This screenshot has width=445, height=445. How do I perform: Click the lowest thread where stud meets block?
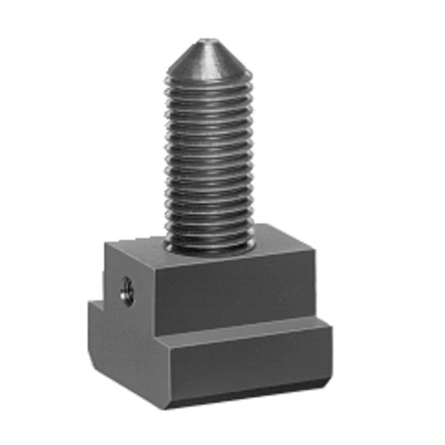click(x=210, y=245)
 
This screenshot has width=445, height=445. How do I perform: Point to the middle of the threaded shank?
click(x=210, y=159)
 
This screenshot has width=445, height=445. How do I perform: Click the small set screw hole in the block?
click(x=127, y=291)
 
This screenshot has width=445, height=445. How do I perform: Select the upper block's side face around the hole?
click(x=130, y=280)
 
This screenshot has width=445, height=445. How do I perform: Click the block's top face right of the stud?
click(x=280, y=245)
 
